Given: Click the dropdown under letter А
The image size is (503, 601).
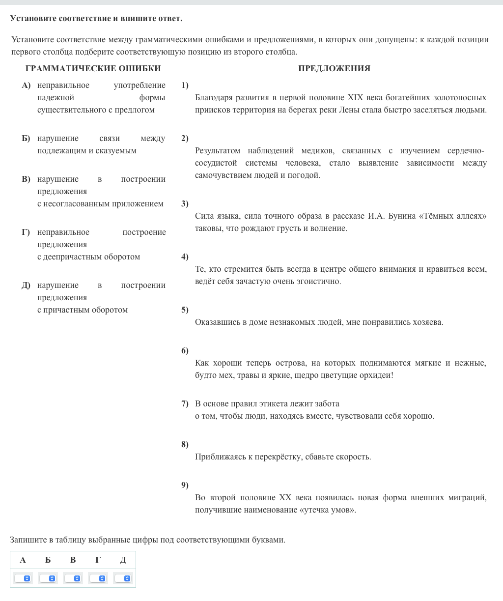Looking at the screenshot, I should click(x=23, y=578).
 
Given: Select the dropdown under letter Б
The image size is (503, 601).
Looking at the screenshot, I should click(x=48, y=578).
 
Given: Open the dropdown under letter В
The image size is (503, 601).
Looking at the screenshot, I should click(x=73, y=578).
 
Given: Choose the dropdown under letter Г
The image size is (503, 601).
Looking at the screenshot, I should click(x=98, y=578).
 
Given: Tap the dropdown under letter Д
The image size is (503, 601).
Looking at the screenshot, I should click(x=123, y=578).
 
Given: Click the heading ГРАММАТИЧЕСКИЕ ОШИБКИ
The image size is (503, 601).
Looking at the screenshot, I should click(x=93, y=68).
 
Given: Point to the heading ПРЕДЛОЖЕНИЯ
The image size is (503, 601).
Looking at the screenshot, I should click(x=334, y=68).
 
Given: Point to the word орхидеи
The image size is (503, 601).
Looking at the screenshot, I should click(x=376, y=375).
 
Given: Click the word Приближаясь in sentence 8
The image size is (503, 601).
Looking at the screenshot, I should click(x=220, y=457).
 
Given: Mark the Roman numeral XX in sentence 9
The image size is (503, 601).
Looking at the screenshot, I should click(x=285, y=497).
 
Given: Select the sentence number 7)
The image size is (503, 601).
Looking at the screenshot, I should click(x=185, y=403).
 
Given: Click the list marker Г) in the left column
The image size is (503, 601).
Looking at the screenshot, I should click(x=26, y=232).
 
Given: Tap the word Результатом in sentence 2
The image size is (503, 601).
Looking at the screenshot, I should click(x=218, y=150).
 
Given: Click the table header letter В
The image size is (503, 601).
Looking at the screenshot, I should click(x=73, y=560).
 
